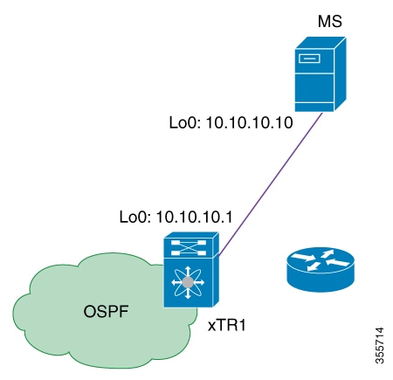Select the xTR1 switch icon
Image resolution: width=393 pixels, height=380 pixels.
(x=190, y=271)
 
